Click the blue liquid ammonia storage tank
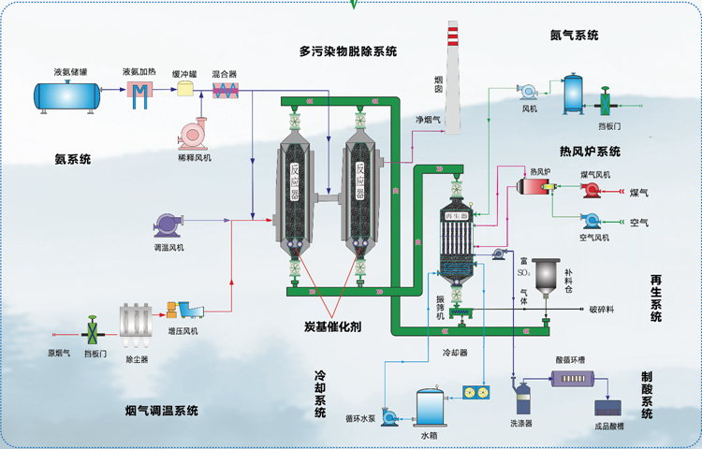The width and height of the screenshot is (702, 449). pyautogui.click(x=71, y=94)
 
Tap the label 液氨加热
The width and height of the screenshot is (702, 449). pyautogui.click(x=139, y=71)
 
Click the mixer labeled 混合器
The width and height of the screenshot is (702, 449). pyautogui.click(x=225, y=91)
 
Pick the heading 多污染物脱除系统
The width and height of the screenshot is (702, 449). pyautogui.click(x=347, y=51)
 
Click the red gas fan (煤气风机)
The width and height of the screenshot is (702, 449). pyautogui.click(x=592, y=190)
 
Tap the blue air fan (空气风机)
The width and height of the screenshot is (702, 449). pyautogui.click(x=592, y=221)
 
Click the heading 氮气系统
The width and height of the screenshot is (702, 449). pyautogui.click(x=575, y=35)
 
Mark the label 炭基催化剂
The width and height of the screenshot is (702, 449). pyautogui.click(x=333, y=327)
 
